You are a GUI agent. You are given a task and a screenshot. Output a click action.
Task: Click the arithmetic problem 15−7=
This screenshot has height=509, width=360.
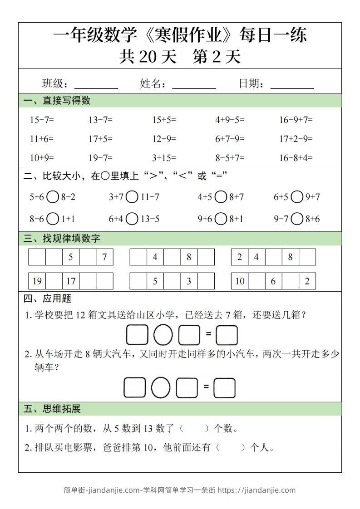pyautogui.click(x=42, y=120)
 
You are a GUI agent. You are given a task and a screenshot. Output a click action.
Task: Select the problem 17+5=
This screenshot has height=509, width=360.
pyautogui.click(x=100, y=139)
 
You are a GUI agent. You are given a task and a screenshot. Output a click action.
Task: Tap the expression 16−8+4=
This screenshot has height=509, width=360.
pyautogui.click(x=296, y=158)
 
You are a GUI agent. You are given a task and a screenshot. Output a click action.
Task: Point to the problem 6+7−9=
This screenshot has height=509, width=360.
pyautogui.click(x=230, y=139)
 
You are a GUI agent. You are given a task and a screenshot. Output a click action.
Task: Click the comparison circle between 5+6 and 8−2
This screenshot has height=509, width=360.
pyautogui.click(x=53, y=197)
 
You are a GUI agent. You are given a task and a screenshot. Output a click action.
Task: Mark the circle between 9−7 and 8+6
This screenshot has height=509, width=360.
pyautogui.click(x=297, y=219)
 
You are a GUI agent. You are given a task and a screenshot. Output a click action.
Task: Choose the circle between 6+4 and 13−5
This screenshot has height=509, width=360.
pyautogui.click(x=132, y=219)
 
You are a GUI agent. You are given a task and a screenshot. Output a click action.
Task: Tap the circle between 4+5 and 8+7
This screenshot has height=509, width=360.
pyautogui.click(x=221, y=197)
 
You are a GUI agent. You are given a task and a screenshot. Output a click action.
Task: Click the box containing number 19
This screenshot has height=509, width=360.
pyautogui.click(x=37, y=281)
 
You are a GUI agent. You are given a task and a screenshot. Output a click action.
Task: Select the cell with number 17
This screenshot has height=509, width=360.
pyautogui.click(x=71, y=281)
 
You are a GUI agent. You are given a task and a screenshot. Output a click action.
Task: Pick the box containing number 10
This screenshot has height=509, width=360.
pyautogui.click(x=240, y=281)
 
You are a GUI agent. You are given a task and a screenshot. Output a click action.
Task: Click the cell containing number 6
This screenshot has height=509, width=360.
pyautogui.click(x=273, y=281)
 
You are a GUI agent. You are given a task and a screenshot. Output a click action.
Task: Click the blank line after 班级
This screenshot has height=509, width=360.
pyautogui.click(x=96, y=85)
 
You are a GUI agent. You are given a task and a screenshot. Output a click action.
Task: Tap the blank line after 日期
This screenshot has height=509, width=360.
pyautogui.click(x=292, y=85)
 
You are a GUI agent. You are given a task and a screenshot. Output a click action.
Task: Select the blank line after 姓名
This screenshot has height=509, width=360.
pyautogui.click(x=194, y=85)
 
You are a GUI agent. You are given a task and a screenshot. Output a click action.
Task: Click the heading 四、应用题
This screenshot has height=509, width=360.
pyautogui.click(x=47, y=299)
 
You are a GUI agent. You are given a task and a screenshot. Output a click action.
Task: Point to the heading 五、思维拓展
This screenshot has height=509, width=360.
pyautogui.click(x=52, y=409)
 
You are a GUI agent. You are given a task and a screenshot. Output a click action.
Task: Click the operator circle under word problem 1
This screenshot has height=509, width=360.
pyautogui.click(x=163, y=336)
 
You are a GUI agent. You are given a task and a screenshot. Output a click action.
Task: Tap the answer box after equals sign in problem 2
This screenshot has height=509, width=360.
pyautogui.click(x=224, y=388)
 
